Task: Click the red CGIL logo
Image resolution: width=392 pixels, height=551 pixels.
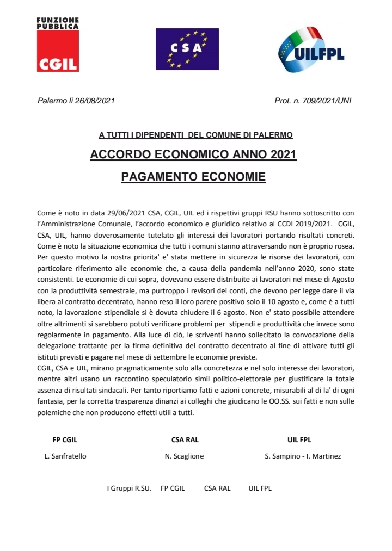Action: (x=58, y=51)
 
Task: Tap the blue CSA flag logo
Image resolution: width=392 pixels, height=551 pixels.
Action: (x=187, y=49)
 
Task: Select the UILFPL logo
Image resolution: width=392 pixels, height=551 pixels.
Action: (x=311, y=49)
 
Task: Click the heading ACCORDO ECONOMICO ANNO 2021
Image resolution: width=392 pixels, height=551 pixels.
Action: (x=193, y=155)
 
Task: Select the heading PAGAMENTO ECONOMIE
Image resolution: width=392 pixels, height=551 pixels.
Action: (x=193, y=177)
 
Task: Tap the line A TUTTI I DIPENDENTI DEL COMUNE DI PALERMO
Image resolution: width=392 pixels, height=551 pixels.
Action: (x=195, y=134)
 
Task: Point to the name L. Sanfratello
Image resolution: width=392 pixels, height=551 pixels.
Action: (x=65, y=456)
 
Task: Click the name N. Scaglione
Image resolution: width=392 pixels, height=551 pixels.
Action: (x=184, y=456)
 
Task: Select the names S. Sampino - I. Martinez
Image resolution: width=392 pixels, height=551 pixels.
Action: (x=303, y=456)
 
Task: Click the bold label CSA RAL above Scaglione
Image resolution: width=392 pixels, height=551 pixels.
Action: (x=185, y=440)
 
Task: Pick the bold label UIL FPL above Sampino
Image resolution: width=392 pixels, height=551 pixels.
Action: (x=299, y=440)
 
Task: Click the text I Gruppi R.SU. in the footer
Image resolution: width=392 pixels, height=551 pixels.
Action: (x=128, y=488)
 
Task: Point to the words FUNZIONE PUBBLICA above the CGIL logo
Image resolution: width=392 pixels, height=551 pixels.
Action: (x=58, y=22)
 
